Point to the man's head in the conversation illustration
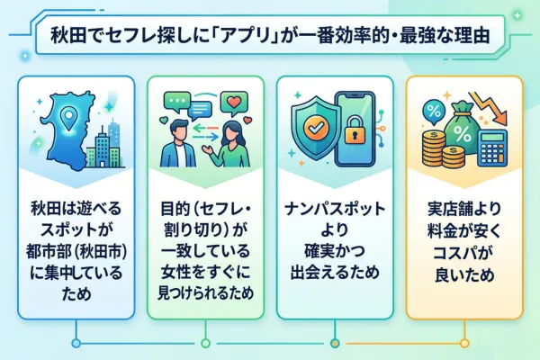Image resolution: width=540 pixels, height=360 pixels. point(179,128)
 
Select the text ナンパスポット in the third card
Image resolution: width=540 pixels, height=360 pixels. point(334,208)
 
